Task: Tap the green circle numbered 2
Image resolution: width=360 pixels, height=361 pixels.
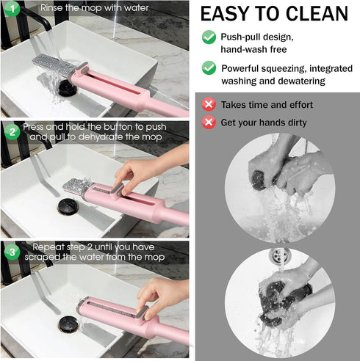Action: (11, 132)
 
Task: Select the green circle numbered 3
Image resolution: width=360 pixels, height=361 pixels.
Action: (11, 252)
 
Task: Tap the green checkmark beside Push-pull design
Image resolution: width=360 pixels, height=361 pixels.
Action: (209, 37)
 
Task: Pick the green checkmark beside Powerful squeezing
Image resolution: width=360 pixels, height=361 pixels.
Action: (209, 68)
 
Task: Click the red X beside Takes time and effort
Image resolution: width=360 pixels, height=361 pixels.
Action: (209, 105)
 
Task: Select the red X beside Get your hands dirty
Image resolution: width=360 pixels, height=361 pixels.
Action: (209, 122)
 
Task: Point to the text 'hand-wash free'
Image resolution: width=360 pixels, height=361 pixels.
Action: (253, 49)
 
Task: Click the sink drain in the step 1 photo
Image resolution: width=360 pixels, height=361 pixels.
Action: (68, 87)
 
